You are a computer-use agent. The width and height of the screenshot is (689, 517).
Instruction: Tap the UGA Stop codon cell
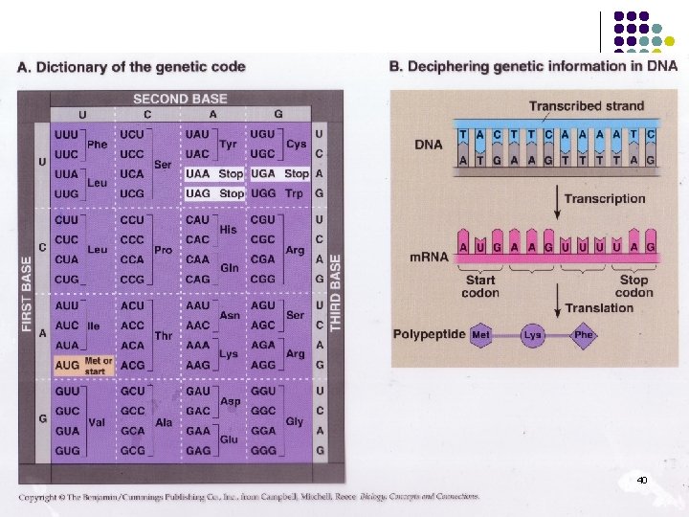point(279,174)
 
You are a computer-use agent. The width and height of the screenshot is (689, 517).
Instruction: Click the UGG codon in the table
point(263,193)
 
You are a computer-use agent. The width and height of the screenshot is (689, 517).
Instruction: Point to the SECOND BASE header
point(180,99)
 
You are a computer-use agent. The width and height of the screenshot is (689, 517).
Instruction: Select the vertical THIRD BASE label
point(336,292)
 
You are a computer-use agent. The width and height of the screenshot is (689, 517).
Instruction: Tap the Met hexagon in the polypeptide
point(482,335)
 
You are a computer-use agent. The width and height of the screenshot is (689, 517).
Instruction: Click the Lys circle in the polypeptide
point(533,335)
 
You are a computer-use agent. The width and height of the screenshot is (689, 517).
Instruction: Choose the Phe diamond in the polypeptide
point(584,335)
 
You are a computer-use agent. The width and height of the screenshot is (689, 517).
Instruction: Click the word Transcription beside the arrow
point(604,198)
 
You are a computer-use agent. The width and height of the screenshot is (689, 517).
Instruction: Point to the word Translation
point(600,308)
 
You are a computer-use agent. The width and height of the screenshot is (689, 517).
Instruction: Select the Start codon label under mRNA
point(480,286)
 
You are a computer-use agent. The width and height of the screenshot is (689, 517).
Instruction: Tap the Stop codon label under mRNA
point(633,286)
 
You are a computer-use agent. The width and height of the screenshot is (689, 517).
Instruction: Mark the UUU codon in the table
point(68,136)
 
